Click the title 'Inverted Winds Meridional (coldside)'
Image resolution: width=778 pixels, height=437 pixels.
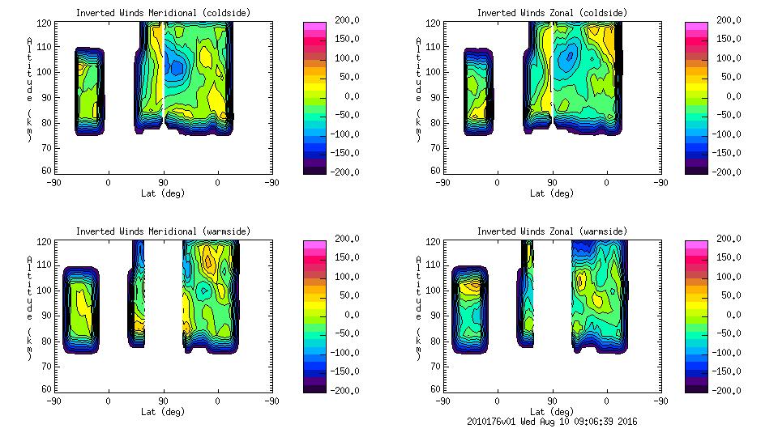[163, 13]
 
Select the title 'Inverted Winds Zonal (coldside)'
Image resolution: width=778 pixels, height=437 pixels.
[552, 13]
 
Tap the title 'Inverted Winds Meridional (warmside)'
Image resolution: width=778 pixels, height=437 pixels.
[163, 231]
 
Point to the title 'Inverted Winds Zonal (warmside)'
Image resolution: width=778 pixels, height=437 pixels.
[552, 231]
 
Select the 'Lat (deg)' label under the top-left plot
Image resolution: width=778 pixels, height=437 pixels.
[163, 193]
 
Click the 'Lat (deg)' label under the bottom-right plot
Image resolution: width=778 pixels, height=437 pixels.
[552, 411]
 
